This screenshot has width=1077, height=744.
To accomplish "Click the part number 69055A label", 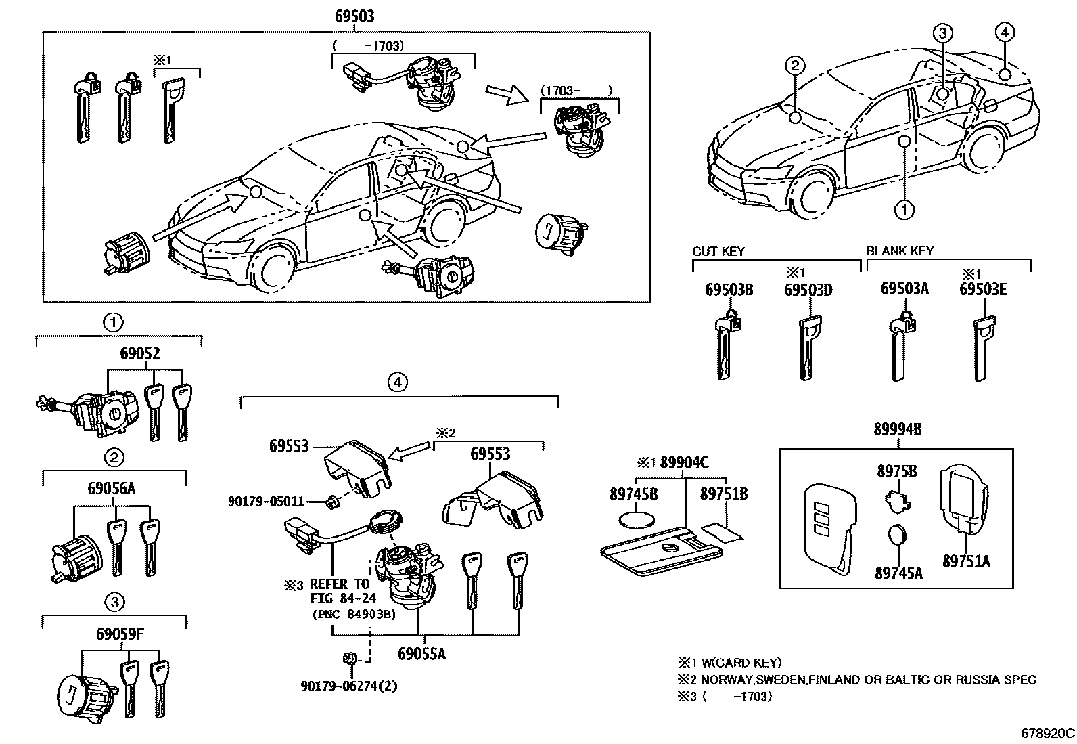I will (421, 653).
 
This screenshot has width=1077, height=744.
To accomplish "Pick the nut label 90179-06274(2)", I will (348, 686).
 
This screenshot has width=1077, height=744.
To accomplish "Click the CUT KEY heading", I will (718, 251).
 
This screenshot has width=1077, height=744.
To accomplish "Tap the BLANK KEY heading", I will (899, 251).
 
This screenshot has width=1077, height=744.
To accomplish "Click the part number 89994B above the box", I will (897, 429).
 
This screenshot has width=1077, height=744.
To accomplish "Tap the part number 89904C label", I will (684, 462).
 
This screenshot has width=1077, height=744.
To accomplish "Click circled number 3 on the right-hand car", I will (944, 32).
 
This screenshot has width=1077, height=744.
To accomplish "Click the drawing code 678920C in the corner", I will (1047, 733).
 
